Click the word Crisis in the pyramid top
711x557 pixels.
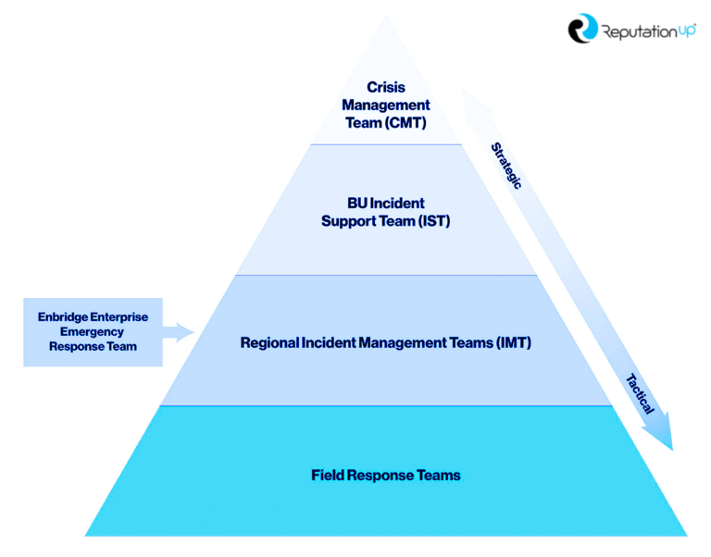coord(385,88)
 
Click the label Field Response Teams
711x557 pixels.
coord(385,476)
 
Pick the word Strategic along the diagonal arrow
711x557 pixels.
coord(505,165)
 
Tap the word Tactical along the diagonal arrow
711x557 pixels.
coord(640,393)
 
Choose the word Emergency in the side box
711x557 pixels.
coord(92,331)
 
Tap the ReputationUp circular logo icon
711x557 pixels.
coord(583,29)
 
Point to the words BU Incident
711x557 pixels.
coord(385,204)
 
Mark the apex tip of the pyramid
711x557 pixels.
coord(386,16)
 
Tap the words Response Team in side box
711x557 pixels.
coord(93,346)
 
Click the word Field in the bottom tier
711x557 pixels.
coord(327,476)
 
